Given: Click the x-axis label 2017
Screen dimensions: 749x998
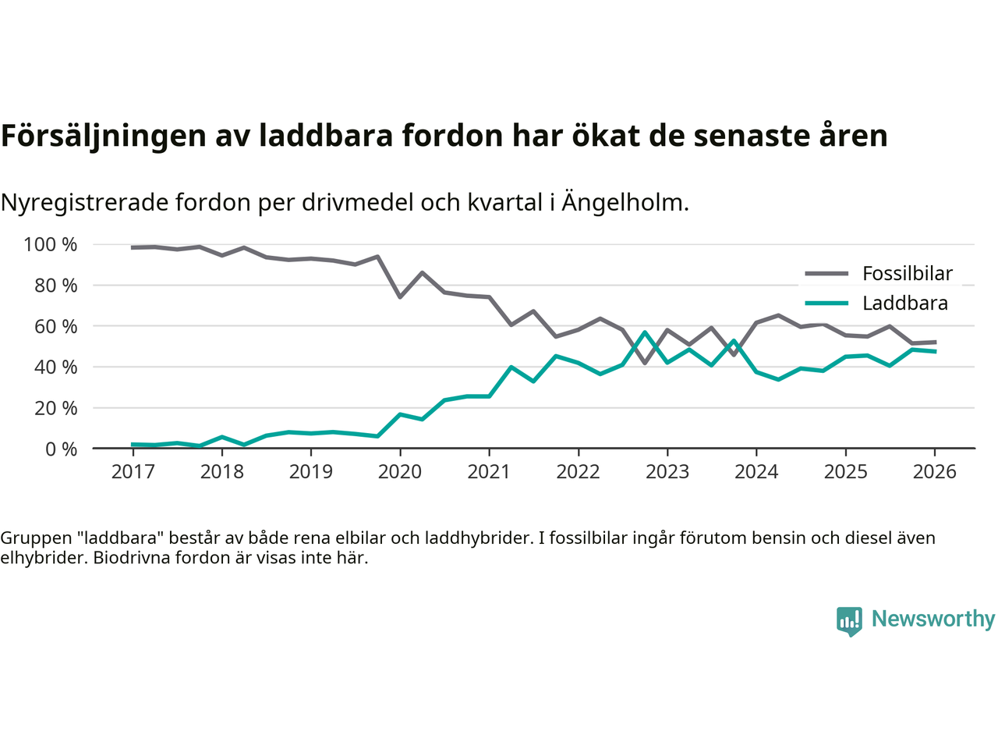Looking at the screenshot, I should tap(133, 471).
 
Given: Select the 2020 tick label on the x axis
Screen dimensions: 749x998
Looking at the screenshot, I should tap(400, 471).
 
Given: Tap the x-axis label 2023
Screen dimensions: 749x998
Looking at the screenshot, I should tap(667, 471).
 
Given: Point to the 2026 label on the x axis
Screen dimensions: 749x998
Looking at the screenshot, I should tap(934, 471).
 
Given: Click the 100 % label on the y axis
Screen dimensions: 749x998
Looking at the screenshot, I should tap(51, 245).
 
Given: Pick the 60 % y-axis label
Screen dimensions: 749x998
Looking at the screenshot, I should tap(55, 326).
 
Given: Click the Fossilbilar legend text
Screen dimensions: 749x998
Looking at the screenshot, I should tap(907, 274).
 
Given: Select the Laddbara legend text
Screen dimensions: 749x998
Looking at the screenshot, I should tap(904, 304).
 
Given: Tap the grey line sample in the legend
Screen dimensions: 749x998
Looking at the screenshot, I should tap(826, 274).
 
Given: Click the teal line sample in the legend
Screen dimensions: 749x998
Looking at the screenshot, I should tap(826, 304).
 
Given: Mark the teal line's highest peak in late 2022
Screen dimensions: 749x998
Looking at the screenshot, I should tap(645, 332).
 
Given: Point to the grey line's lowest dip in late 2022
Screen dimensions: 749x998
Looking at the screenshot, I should tap(645, 363).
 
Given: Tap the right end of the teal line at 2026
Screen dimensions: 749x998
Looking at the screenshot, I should tap(935, 351).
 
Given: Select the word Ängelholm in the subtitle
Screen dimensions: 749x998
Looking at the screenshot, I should tap(625, 203).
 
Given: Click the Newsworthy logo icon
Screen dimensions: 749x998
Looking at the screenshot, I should tap(849, 621).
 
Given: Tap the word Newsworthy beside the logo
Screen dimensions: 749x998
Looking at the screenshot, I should tap(933, 619).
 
